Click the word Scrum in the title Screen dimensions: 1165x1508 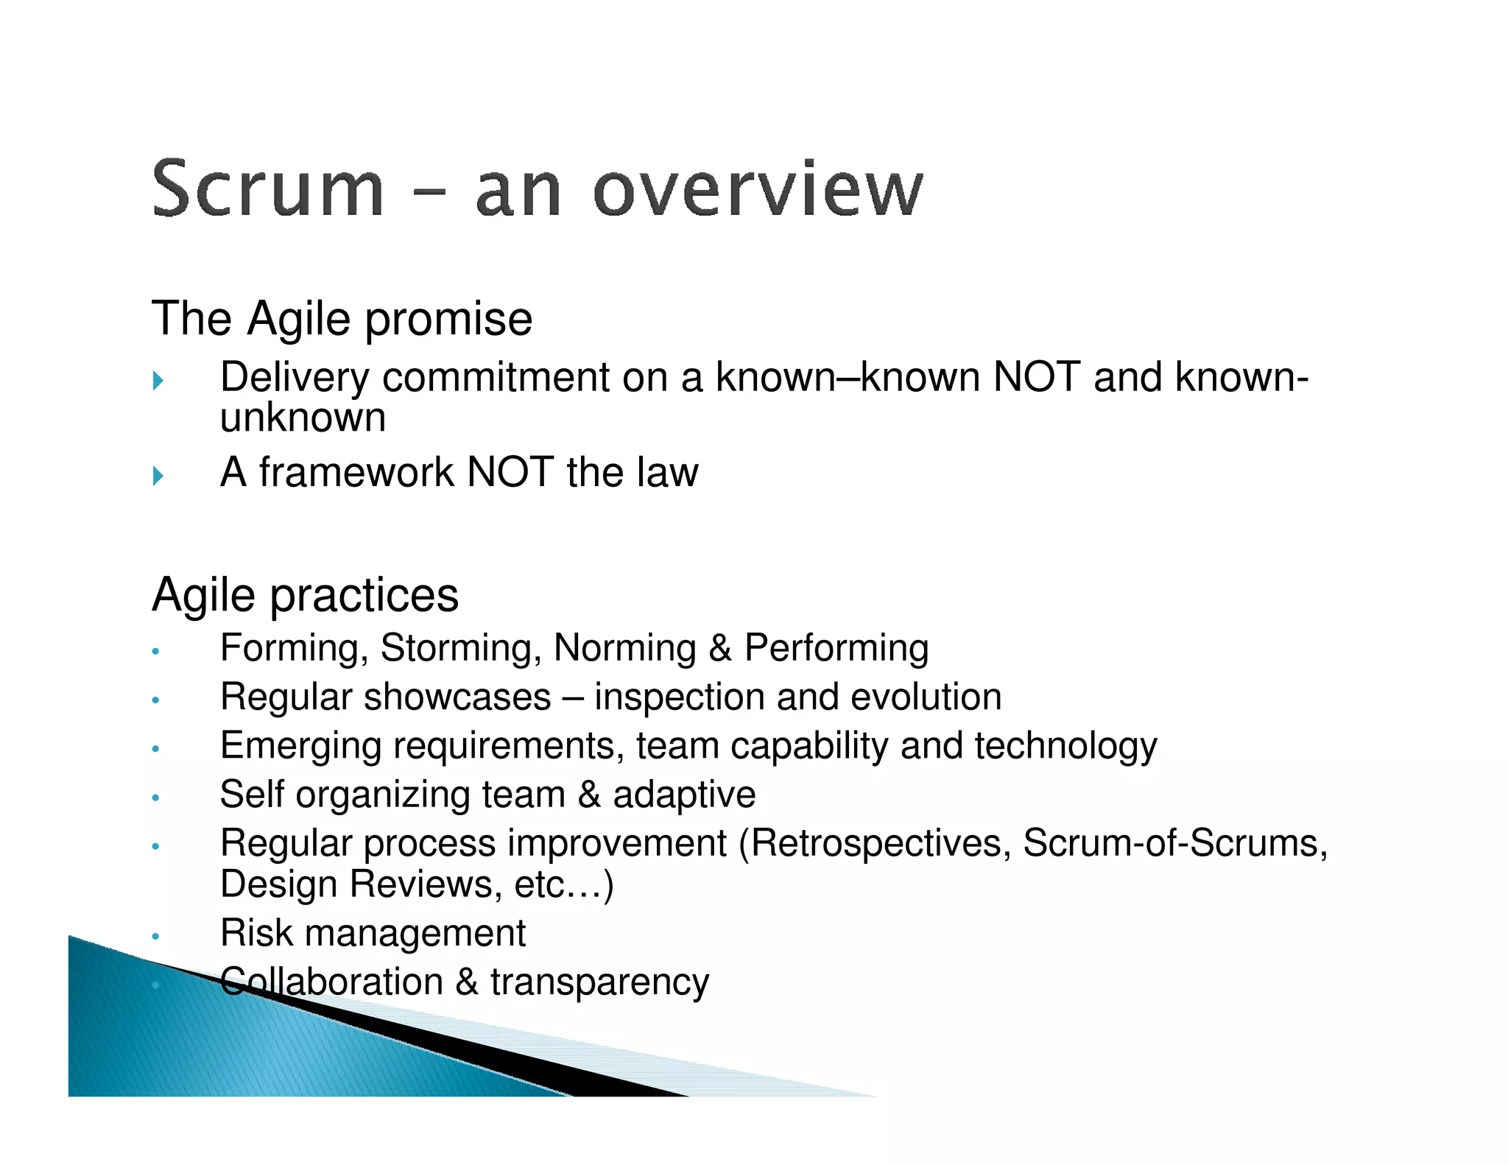coord(267,189)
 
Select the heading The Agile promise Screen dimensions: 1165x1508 coord(342,319)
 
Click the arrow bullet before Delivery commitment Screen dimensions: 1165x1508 coord(158,381)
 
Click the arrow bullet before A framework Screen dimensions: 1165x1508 coord(158,475)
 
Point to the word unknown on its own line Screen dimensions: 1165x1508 coord(303,418)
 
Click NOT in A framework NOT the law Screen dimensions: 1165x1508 coord(510,472)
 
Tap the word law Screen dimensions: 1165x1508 coord(667,472)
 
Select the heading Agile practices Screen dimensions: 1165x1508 coord(305,594)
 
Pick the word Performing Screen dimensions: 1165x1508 coord(836,649)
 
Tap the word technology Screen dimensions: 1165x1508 coord(1065,746)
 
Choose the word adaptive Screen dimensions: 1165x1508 coord(684,795)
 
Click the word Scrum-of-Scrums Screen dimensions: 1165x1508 coord(1175,843)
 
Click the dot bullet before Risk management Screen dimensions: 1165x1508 coord(155,937)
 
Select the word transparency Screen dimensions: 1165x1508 coord(599,982)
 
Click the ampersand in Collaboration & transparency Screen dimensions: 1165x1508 coord(466,982)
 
